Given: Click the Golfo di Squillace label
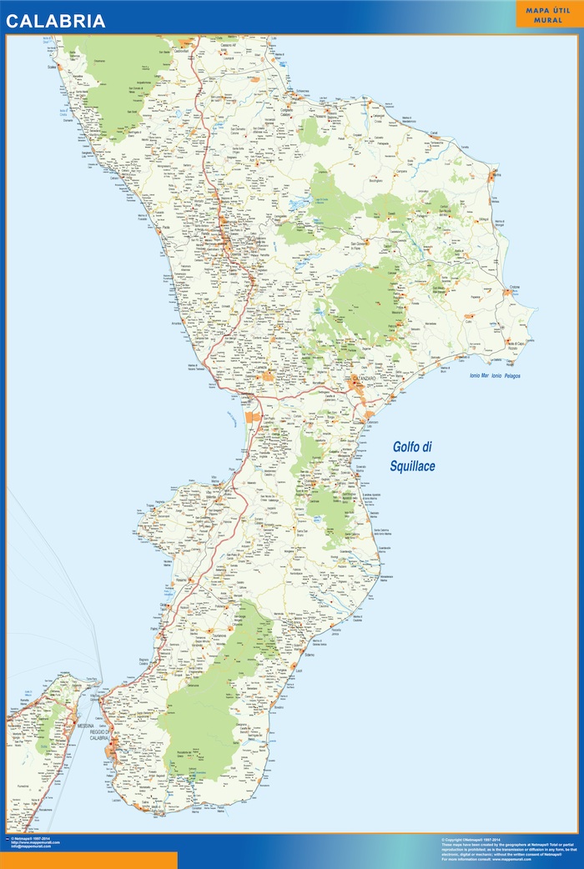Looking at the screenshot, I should click(x=412, y=457).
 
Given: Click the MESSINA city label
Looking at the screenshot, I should click(x=86, y=726).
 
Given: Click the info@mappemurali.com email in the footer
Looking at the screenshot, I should click(x=31, y=846).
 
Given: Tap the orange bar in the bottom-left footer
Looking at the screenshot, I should click(x=88, y=860).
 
